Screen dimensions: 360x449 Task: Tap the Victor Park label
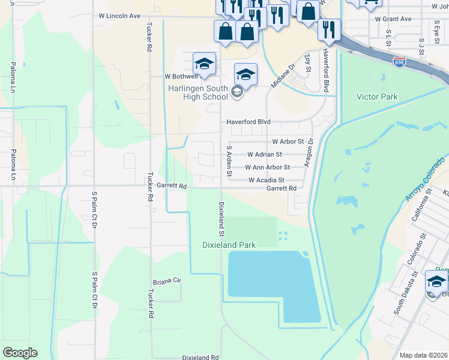[x=377, y=97]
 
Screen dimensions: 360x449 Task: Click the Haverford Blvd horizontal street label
[x=249, y=122]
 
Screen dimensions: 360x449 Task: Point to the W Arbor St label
[x=288, y=142]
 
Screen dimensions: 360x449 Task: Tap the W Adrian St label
[x=264, y=154]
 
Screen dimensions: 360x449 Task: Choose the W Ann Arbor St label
[x=267, y=167]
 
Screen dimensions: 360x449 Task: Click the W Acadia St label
[x=266, y=180]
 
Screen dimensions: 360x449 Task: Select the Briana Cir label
[x=166, y=281]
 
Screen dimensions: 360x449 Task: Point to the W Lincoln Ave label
[x=119, y=16]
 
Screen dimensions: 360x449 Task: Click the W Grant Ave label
[x=393, y=19]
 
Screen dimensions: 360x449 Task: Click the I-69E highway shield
[x=400, y=61]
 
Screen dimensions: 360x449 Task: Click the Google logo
[x=20, y=353]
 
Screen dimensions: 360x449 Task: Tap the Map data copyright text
[x=423, y=355]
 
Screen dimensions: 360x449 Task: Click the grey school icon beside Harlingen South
[x=237, y=92]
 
